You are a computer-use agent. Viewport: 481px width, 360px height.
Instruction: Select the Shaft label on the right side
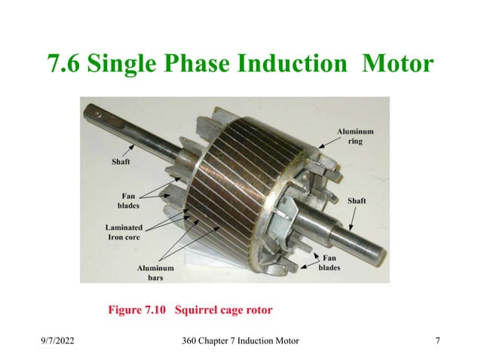(x=357, y=201)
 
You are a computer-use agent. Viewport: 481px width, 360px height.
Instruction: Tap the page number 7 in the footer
(x=438, y=342)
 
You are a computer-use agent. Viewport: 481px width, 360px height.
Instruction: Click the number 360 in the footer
(x=191, y=342)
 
